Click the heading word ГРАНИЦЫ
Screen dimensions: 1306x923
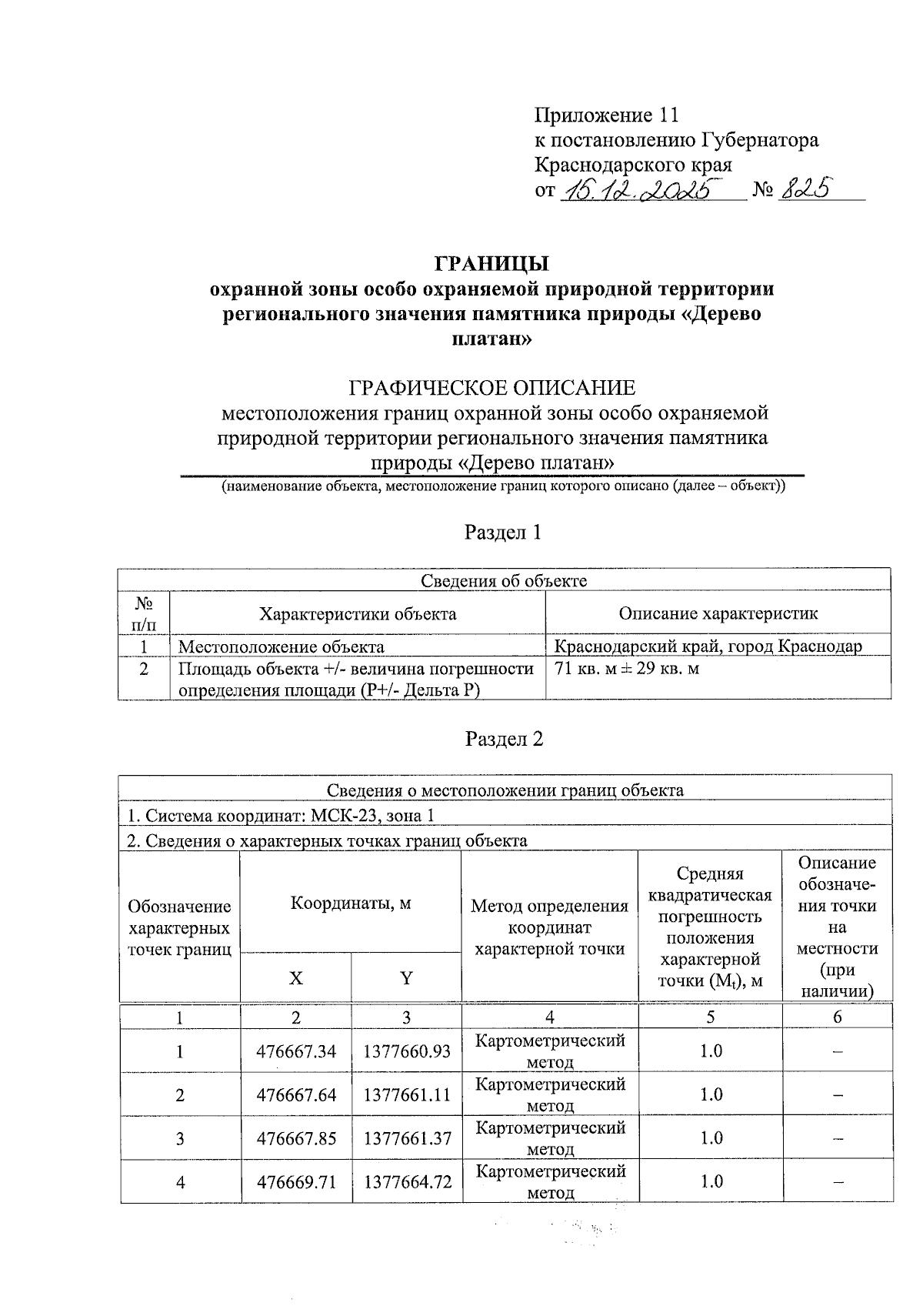point(492,264)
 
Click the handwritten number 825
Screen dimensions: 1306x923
point(805,189)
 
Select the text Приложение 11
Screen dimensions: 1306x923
point(606,115)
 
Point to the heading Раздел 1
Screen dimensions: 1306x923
point(503,533)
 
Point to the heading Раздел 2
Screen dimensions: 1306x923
point(504,739)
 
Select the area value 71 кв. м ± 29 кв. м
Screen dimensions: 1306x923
point(627,669)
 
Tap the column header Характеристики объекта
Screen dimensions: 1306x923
point(357,614)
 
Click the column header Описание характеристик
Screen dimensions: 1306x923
point(718,614)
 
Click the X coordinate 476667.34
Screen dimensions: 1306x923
point(296,1051)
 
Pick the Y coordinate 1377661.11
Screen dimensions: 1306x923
point(407,1094)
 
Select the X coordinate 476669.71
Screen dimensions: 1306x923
point(296,1181)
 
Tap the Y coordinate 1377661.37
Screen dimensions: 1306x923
point(407,1137)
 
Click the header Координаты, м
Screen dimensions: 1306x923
point(351,904)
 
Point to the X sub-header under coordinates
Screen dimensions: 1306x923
point(295,978)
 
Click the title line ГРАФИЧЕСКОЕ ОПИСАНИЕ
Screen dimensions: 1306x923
point(492,387)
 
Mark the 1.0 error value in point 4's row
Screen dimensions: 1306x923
point(711,1181)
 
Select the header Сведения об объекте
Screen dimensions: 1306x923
point(504,581)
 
